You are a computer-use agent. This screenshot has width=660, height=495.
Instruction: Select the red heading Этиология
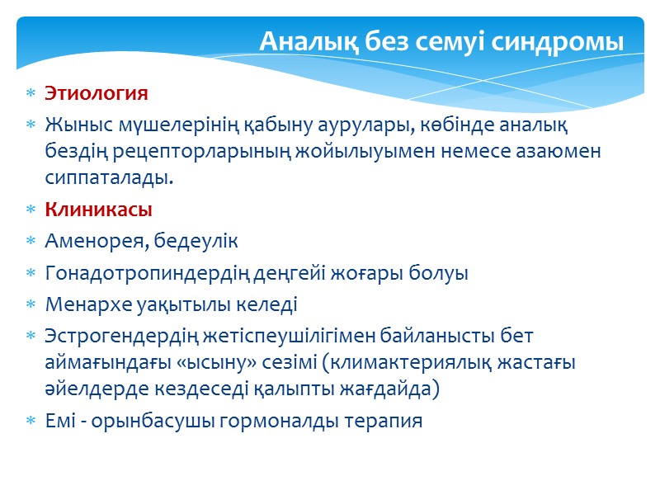97,93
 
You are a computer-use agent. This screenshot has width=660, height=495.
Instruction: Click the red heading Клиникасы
99,210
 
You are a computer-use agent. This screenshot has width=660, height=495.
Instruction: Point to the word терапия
385,421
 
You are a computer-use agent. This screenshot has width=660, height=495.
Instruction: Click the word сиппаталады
111,178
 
